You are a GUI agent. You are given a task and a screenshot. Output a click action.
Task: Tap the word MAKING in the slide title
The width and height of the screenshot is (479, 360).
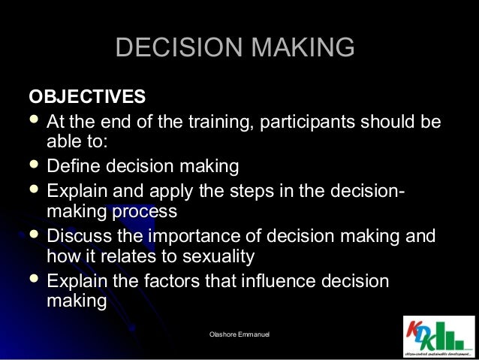[x=302, y=48]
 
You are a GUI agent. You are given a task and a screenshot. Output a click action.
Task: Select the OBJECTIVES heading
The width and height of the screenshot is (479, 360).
[x=87, y=98]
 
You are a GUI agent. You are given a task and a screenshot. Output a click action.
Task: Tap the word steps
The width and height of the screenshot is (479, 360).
[x=243, y=187]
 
